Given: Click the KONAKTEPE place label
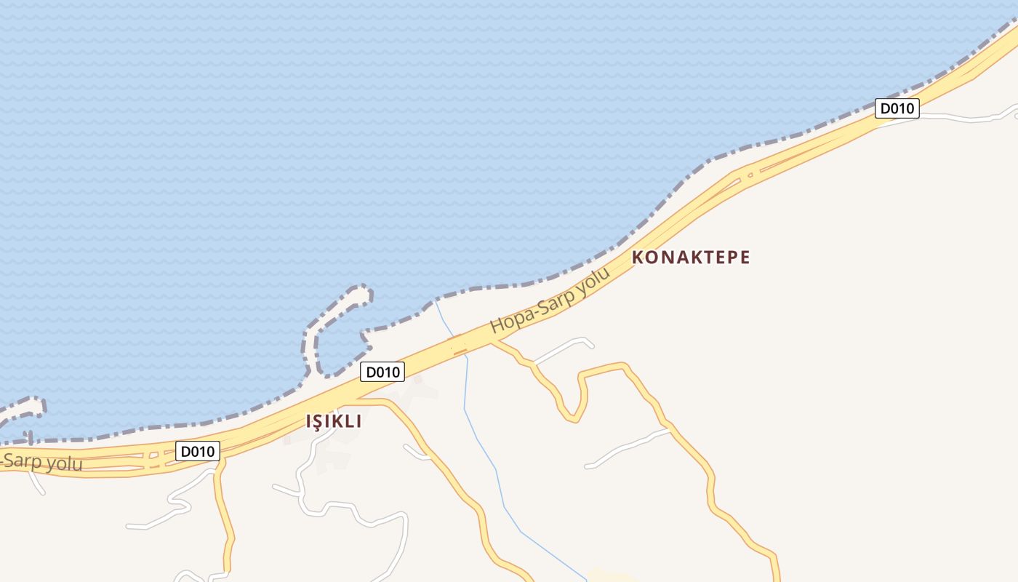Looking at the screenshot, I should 691,257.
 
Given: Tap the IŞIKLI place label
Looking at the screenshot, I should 334,421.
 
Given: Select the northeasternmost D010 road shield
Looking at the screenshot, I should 897,108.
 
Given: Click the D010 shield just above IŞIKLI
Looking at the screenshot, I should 382,372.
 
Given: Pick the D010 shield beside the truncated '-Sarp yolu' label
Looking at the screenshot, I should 197,451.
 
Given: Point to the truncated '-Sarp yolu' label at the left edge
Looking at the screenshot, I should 42,463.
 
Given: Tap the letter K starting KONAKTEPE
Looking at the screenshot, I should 638,257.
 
